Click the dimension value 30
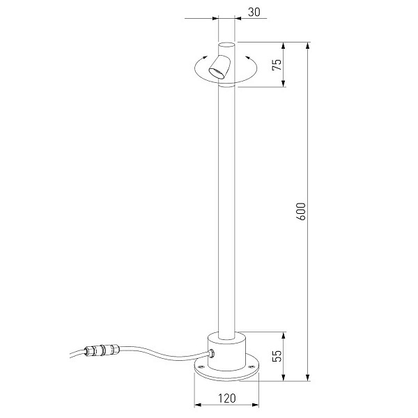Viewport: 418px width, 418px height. pyautogui.click(x=254, y=12)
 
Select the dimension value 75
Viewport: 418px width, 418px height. pyautogui.click(x=277, y=65)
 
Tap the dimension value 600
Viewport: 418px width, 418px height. pyautogui.click(x=301, y=211)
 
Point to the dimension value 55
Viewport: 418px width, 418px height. pyautogui.click(x=277, y=355)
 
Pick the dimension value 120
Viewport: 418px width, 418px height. pyautogui.click(x=227, y=398)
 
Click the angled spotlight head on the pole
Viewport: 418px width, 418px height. pyautogui.click(x=220, y=67)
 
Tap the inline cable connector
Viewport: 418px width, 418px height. pyautogui.click(x=101, y=350)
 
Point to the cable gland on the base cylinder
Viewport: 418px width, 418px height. pyautogui.click(x=211, y=354)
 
